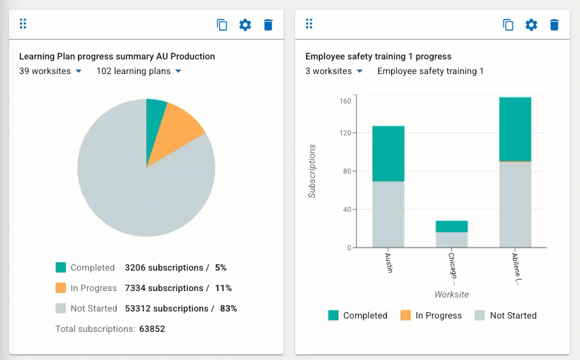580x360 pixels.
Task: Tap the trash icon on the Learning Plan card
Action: pos(268,25)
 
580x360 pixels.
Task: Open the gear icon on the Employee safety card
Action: pos(531,25)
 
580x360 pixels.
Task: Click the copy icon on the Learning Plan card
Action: pos(222,25)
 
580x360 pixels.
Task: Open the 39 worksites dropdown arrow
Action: pos(79,71)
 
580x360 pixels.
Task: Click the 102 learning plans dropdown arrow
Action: pos(178,71)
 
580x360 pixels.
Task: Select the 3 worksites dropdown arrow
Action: pos(360,71)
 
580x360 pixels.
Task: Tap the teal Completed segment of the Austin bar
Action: pos(388,154)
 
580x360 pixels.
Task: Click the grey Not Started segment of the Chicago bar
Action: pos(452,240)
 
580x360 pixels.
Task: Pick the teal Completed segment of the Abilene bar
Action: pos(515,130)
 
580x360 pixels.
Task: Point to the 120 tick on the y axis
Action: pos(345,133)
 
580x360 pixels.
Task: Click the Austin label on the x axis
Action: pos(388,263)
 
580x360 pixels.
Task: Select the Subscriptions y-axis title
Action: pos(312,171)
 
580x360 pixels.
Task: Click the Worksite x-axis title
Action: pos(452,295)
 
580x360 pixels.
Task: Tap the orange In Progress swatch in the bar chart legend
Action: pos(406,315)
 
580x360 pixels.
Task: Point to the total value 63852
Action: pos(152,329)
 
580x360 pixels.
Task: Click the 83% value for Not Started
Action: pos(229,308)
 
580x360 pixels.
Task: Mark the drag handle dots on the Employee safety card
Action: pos(309,24)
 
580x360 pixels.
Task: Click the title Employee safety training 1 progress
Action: pos(378,57)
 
